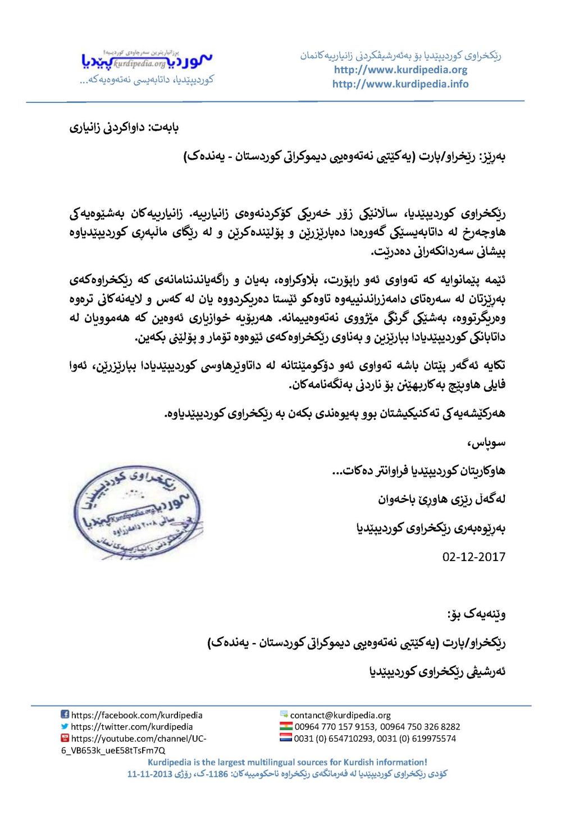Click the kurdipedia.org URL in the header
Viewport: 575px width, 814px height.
(x=400, y=70)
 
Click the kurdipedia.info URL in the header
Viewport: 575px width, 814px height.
(x=400, y=84)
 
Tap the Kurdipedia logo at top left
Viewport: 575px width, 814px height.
(x=147, y=61)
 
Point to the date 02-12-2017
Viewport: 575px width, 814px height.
(x=473, y=557)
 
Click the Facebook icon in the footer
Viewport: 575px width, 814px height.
(x=65, y=714)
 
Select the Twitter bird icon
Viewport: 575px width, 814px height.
(x=65, y=726)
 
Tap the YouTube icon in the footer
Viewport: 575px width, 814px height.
(x=65, y=738)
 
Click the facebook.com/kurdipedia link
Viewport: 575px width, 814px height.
(x=136, y=715)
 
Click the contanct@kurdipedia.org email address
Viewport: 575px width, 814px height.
(x=340, y=715)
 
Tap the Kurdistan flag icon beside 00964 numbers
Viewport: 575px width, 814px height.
(x=286, y=726)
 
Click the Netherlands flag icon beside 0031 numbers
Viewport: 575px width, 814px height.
(x=286, y=738)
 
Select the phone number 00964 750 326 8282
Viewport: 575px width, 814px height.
(x=419, y=727)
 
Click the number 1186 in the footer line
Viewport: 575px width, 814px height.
(x=218, y=774)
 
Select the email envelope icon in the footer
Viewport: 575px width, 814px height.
(x=284, y=714)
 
